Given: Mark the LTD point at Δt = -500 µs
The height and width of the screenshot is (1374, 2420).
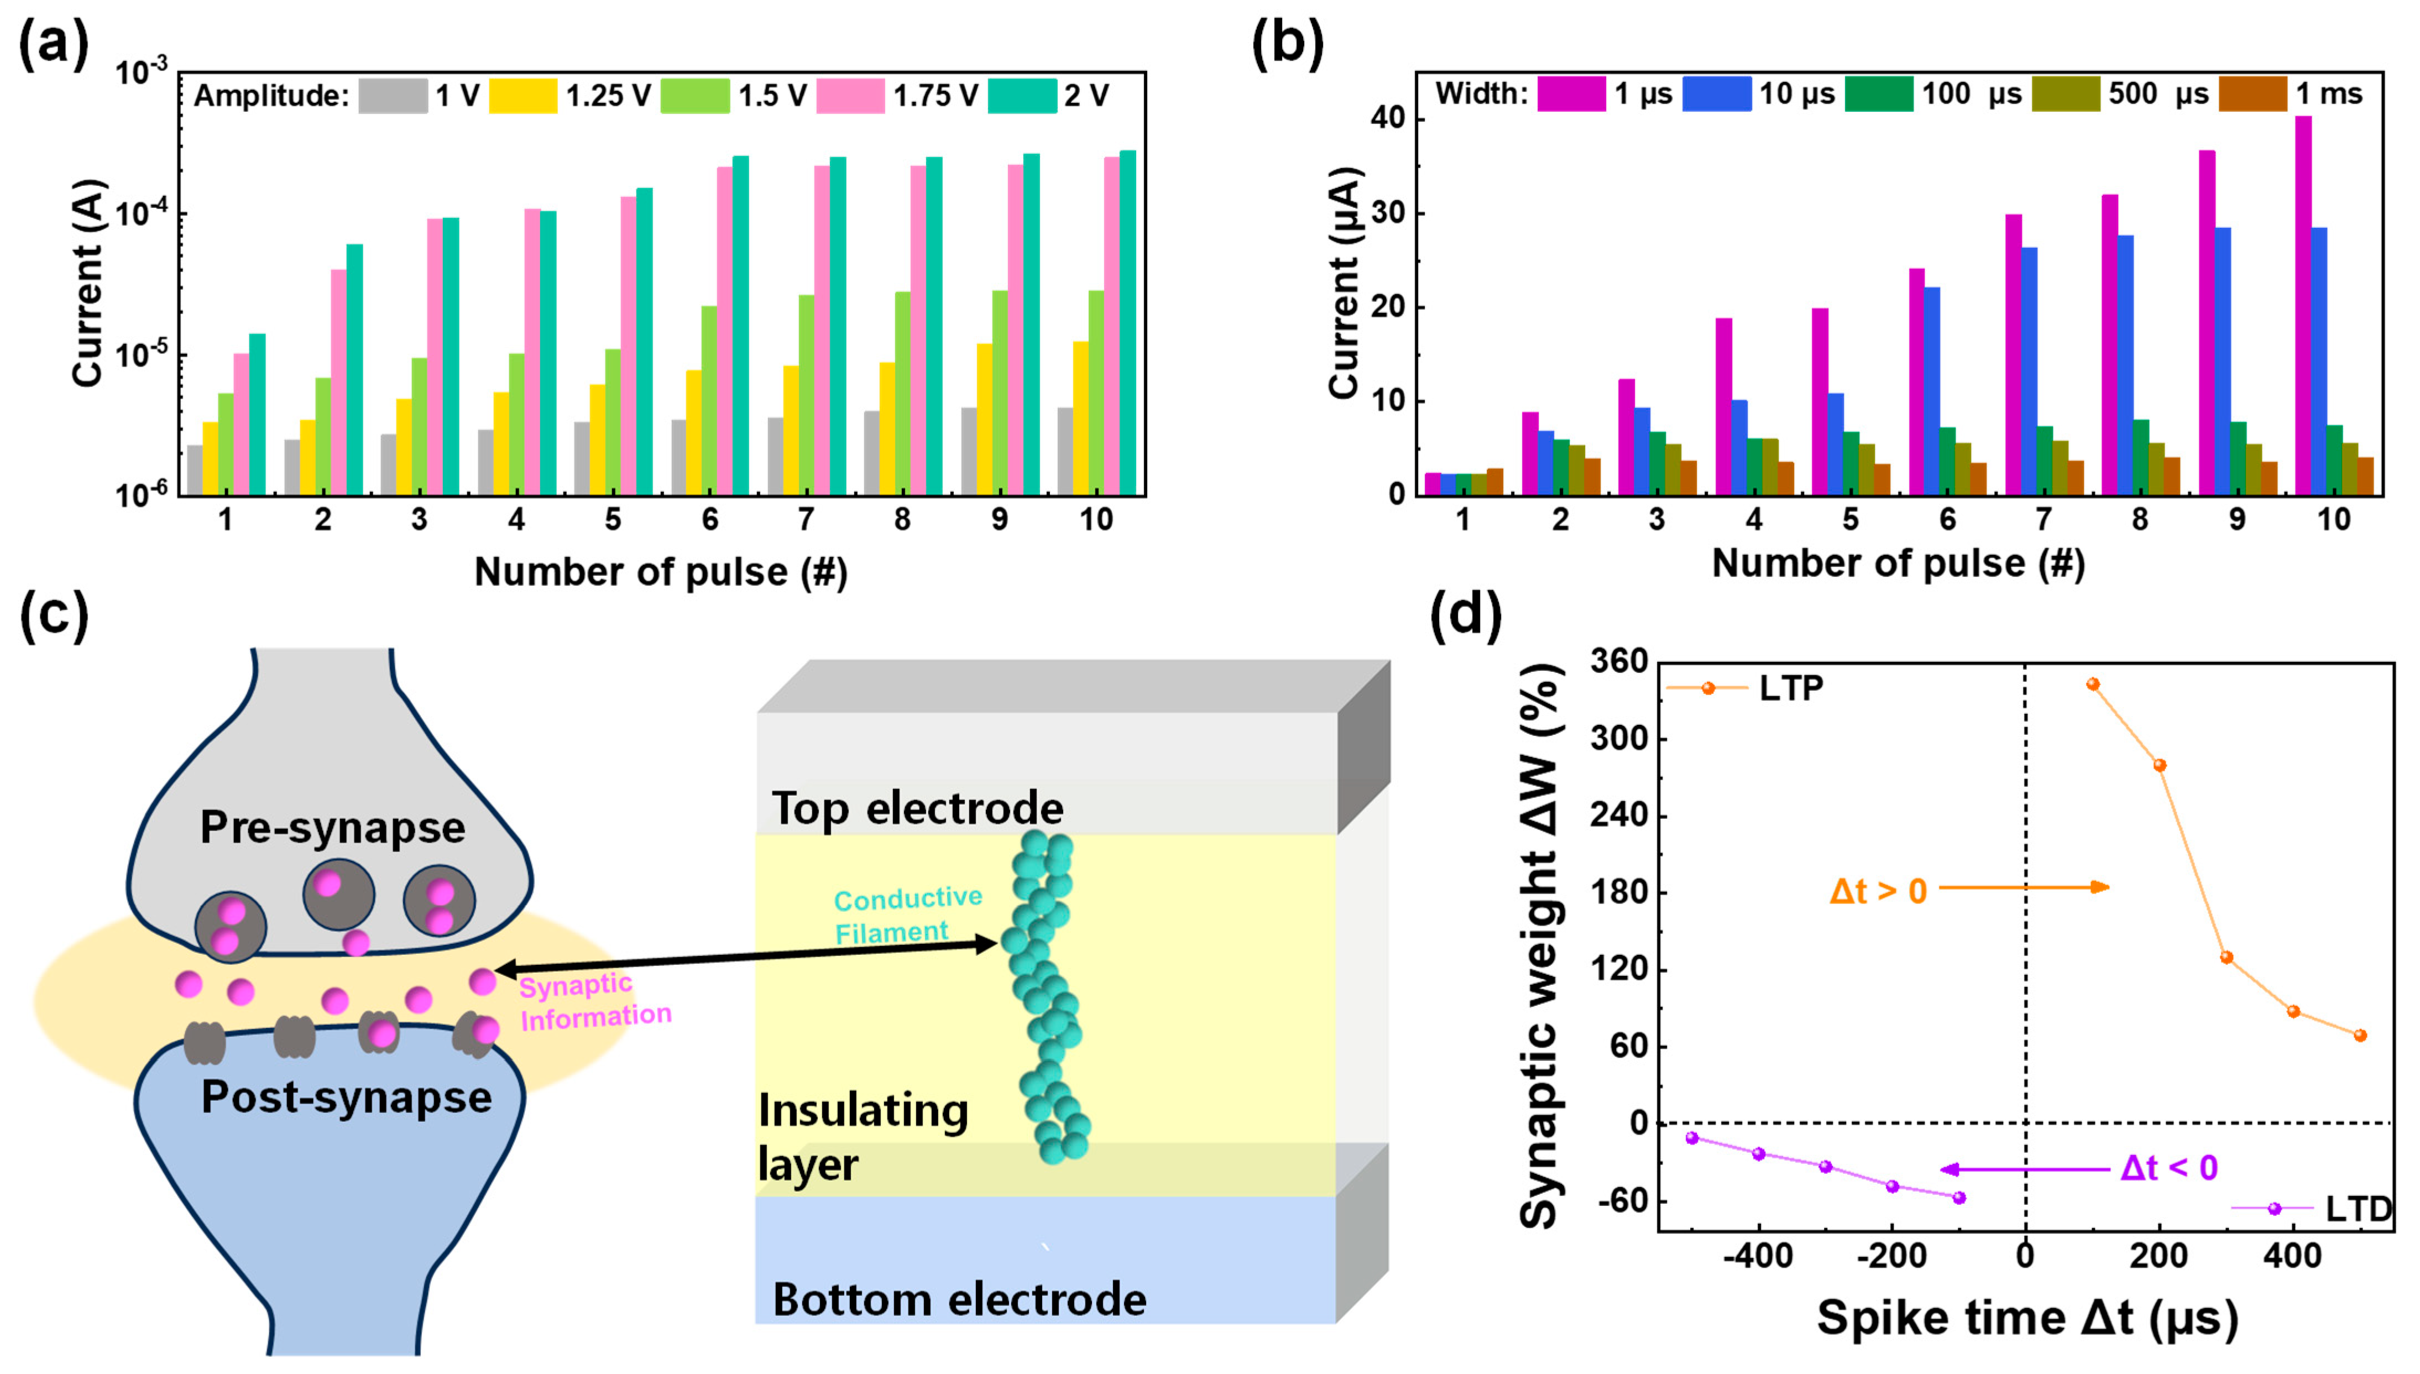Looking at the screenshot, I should coord(1692,1138).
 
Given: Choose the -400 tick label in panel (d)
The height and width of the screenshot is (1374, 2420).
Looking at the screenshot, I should coord(1757,1257).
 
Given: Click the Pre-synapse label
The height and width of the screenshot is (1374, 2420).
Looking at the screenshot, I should coord(332,828).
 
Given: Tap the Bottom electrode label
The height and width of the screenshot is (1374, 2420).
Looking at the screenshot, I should coord(959,1299).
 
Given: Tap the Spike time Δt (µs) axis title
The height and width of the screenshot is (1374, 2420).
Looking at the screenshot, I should coord(2026,1318).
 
